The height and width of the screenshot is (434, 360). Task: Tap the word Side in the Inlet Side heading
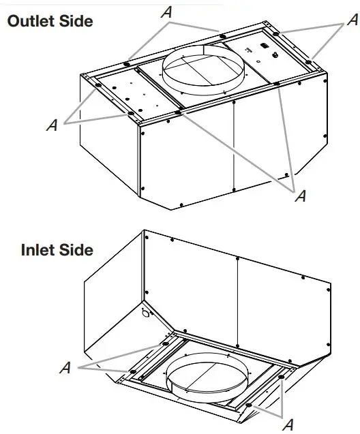[77, 250]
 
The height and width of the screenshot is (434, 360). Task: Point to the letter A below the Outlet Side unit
[299, 196]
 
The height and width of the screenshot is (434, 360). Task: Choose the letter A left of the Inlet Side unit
[65, 367]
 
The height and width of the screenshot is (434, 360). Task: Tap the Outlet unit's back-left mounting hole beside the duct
[126, 65]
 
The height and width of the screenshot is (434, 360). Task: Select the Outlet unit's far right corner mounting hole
[310, 62]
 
